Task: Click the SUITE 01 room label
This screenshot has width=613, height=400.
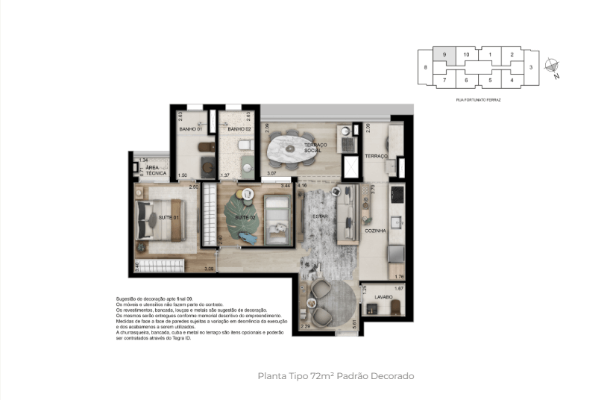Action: [x=169, y=217]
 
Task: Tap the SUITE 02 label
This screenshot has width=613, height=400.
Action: [x=246, y=217]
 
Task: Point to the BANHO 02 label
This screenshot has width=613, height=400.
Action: [x=238, y=129]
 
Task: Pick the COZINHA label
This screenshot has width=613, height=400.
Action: [x=375, y=231]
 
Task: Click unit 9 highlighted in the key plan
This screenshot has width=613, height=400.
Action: [x=444, y=54]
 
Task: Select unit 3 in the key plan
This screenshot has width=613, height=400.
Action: [x=531, y=67]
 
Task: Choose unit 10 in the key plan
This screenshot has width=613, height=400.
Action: [x=466, y=54]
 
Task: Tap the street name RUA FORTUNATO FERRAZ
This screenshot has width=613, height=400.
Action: [x=478, y=99]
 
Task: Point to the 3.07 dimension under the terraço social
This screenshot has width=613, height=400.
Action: [x=271, y=173]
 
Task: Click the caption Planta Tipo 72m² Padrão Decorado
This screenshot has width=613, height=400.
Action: [x=335, y=376]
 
